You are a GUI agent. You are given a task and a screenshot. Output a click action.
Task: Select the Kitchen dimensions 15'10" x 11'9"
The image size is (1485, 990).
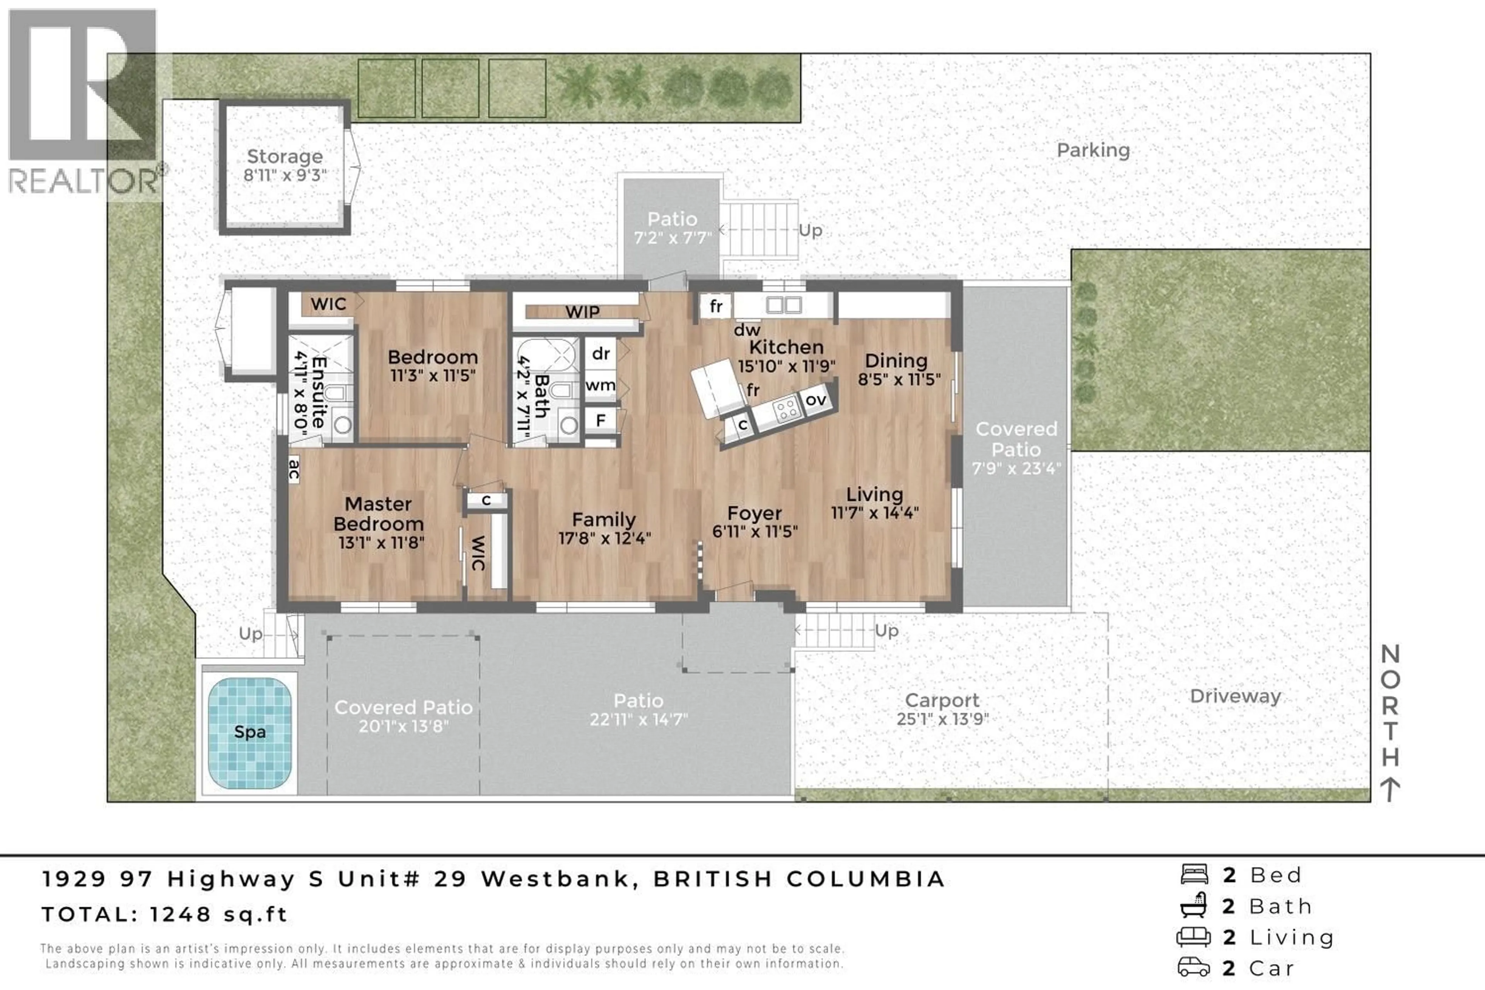(x=786, y=366)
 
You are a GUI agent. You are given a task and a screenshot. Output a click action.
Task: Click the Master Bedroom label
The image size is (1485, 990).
(x=378, y=514)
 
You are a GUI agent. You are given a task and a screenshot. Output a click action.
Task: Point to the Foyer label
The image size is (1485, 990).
(x=754, y=513)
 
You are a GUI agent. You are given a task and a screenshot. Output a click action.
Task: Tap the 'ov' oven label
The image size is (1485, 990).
(x=816, y=399)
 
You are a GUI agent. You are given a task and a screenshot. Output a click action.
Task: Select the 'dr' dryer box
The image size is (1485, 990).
(x=601, y=353)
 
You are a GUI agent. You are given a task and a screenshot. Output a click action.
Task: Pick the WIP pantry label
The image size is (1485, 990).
(x=582, y=312)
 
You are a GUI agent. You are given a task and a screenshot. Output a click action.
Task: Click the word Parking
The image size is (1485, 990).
(x=1093, y=150)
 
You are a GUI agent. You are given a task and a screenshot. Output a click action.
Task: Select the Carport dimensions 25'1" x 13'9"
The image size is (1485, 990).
(x=942, y=719)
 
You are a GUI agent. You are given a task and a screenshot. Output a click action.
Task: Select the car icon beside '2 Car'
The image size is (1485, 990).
(x=1193, y=967)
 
